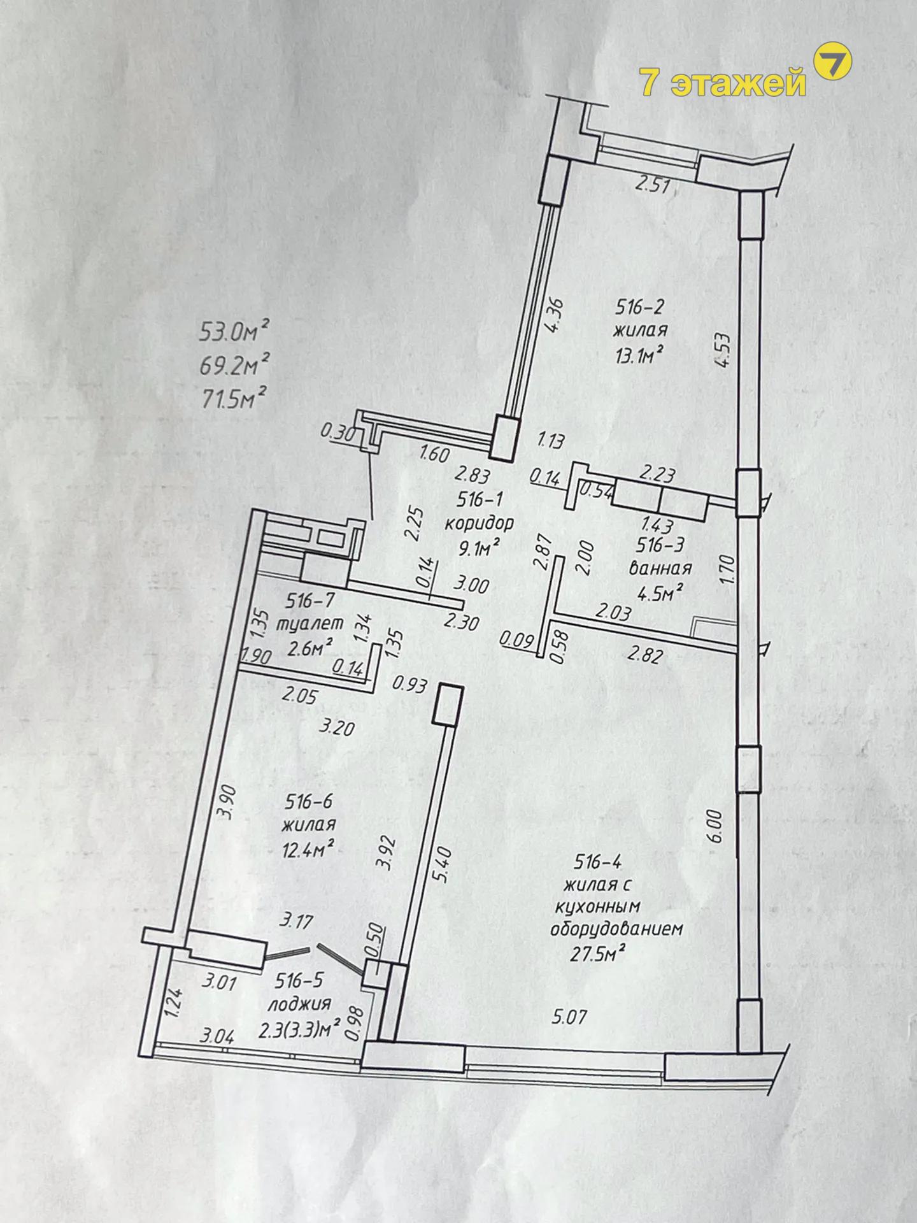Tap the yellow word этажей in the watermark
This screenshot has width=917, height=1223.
tap(739, 82)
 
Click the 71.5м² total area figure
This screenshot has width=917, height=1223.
tap(231, 399)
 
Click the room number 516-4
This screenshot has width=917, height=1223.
tap(598, 862)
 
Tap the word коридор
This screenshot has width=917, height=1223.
tap(479, 523)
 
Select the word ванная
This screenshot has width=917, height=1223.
tap(660, 568)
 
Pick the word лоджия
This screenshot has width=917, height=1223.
tap(299, 1004)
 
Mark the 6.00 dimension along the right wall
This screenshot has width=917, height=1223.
tap(714, 827)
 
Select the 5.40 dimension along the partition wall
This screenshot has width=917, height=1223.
tap(444, 864)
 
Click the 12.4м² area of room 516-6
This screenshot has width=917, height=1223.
tap(309, 849)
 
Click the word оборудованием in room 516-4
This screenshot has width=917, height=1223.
tap(616, 929)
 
